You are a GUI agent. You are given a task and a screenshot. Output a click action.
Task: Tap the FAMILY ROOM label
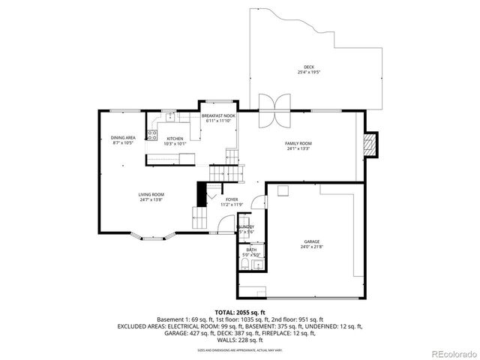point(298,143)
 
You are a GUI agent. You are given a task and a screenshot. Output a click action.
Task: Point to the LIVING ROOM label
point(150,195)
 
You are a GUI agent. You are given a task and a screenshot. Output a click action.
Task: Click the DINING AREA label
point(123,137)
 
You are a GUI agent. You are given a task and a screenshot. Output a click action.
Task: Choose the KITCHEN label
point(175,138)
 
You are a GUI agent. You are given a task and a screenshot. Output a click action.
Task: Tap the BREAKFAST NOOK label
point(218,115)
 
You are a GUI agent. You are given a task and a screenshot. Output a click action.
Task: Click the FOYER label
point(232,199)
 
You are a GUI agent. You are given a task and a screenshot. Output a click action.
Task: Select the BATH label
point(250,250)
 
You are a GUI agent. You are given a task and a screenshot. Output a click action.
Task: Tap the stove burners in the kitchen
point(152,136)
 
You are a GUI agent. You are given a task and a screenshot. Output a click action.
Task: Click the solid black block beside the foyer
point(200,194)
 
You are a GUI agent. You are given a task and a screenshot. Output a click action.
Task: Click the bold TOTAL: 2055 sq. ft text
point(239,311)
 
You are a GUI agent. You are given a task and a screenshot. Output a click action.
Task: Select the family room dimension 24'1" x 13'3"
point(298,148)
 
